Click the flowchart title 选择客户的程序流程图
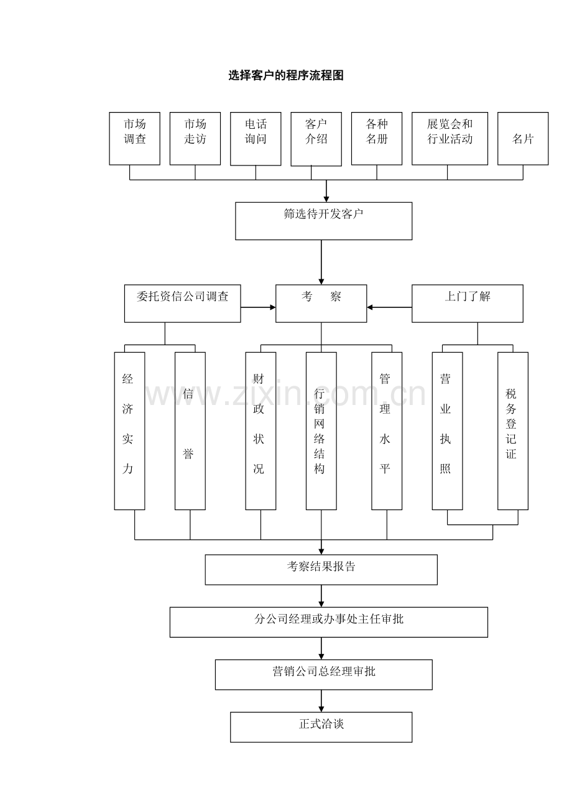pos(285,76)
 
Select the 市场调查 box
pos(134,138)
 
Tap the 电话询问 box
pos(256,138)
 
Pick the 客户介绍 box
pos(316,139)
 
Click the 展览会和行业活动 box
pos(450,138)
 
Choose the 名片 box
pos(523,138)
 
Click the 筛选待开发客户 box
pos(323,221)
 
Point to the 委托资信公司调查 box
pos(182,303)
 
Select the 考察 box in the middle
pos(321,303)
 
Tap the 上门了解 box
pos(467,303)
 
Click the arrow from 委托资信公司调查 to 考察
pos(258,307)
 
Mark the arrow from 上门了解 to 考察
pos(389,307)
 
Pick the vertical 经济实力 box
pos(129,431)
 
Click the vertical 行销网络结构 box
pos(321,431)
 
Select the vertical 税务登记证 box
pos(512,431)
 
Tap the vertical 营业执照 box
pos(447,431)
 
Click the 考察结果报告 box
pos(321,569)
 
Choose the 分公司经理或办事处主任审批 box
pos(328,621)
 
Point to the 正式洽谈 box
pos(321,727)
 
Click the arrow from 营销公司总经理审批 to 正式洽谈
pos(321,701)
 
